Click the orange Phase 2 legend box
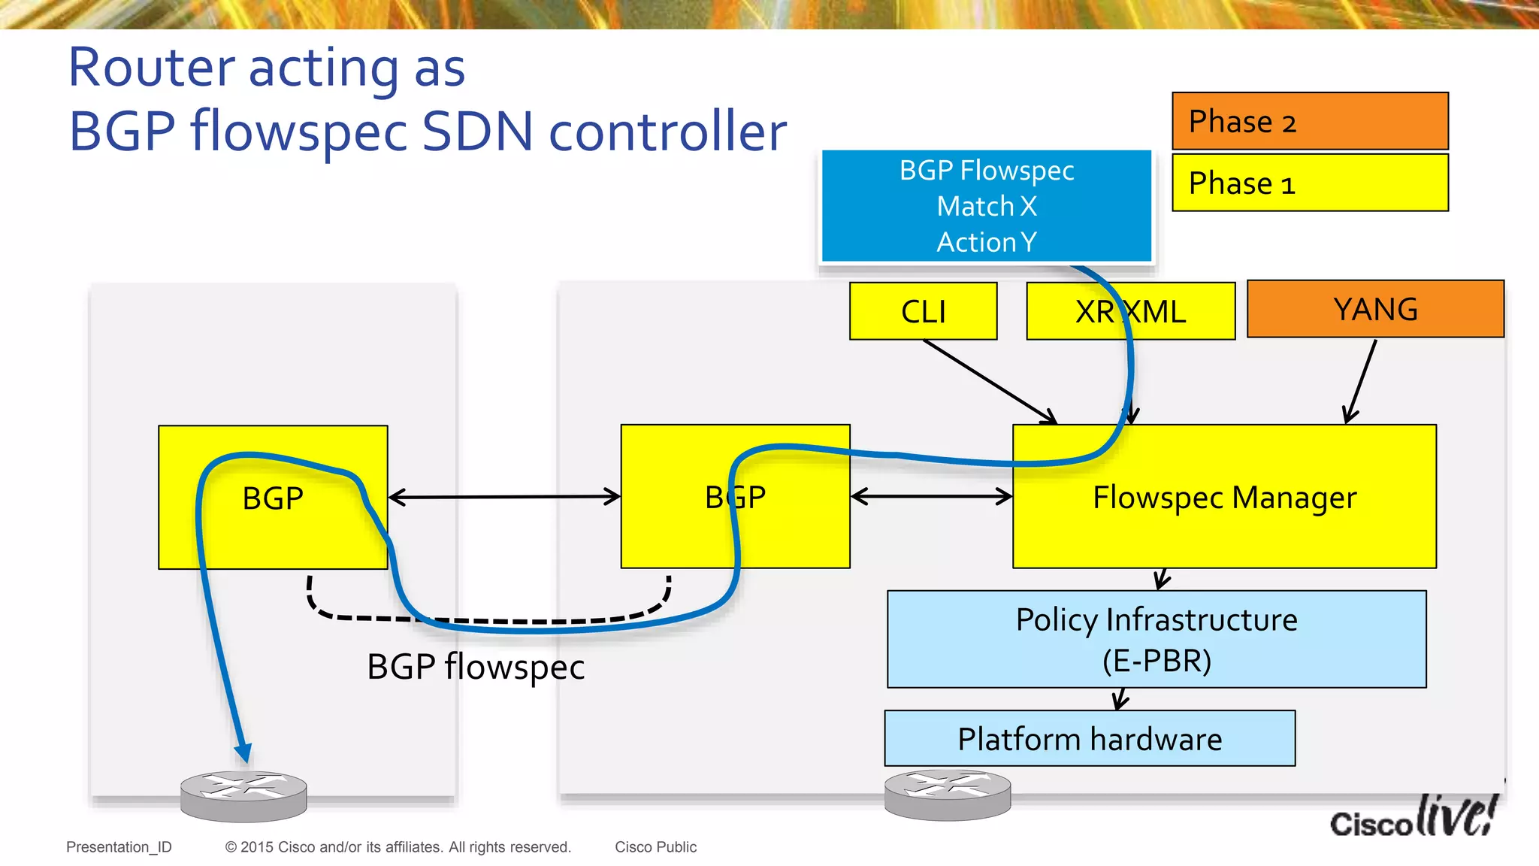pos(1310,121)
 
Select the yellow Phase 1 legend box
pos(1310,183)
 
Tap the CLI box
pos(923,311)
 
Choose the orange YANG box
pos(1375,309)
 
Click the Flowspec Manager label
pos(1224,498)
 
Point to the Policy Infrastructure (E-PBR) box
pos(1157,639)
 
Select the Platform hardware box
pos(1090,739)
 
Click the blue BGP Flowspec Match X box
pos(986,206)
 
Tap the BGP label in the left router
pos(273,498)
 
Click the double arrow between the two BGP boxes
pos(504,497)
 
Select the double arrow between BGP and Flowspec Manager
pos(932,496)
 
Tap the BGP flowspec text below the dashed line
pos(476,667)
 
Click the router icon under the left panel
pos(243,796)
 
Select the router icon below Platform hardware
pos(947,795)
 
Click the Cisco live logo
pos(1413,818)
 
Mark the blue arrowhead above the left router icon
pos(243,752)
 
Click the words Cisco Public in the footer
pos(655,847)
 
